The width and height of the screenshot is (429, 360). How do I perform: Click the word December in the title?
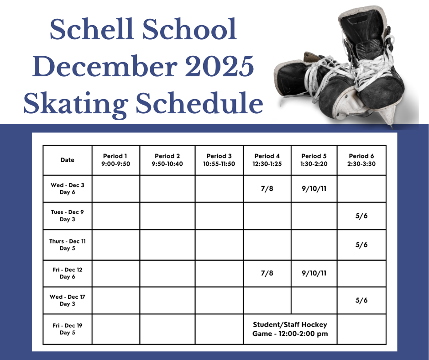[x=105, y=67]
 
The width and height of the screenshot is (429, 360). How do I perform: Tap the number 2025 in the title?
[x=220, y=66]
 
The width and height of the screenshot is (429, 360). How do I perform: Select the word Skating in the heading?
[x=76, y=104]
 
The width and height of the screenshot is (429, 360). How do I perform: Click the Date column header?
[x=67, y=160]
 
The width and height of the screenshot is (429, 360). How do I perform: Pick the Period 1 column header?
[x=115, y=160]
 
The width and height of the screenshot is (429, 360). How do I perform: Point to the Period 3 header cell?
[x=219, y=160]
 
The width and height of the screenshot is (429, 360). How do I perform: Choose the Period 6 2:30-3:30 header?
[x=361, y=160]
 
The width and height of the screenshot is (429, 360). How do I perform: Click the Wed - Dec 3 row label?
[x=67, y=189]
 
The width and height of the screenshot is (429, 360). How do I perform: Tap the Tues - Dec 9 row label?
[x=67, y=216]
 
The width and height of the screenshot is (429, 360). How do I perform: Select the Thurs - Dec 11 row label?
[x=67, y=245]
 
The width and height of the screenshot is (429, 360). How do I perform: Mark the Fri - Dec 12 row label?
[x=67, y=273]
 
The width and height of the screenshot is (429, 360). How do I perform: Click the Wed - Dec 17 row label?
[x=67, y=300]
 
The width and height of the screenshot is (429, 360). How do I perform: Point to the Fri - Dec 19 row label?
[x=67, y=329]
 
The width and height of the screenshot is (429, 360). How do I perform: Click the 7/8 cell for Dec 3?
[x=267, y=189]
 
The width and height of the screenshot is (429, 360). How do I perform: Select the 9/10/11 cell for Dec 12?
[x=314, y=273]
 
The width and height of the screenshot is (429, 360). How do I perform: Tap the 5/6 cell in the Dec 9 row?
[x=361, y=216]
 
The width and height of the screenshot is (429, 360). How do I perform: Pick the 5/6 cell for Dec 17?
[x=361, y=301]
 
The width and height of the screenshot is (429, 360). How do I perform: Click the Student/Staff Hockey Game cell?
[x=290, y=329]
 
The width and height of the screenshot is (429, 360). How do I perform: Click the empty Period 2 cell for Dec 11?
[x=167, y=245]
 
